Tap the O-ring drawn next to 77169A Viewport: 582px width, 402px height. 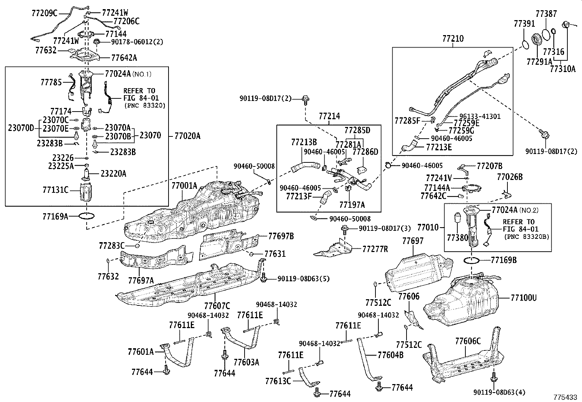pyautogui.click(x=87, y=216)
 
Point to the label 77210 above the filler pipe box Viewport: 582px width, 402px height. pyautogui.click(x=453, y=38)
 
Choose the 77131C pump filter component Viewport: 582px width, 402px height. pyautogui.click(x=86, y=192)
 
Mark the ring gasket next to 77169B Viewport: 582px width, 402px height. pyautogui.click(x=472, y=260)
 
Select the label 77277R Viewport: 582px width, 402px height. pyautogui.click(x=375, y=249)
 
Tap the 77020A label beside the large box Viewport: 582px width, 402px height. pyautogui.click(x=187, y=136)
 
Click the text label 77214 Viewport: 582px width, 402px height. pyautogui.click(x=329, y=116)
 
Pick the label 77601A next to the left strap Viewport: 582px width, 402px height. pyautogui.click(x=141, y=352)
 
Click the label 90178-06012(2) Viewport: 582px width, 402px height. pyautogui.click(x=137, y=42)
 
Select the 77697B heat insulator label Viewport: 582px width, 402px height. pyautogui.click(x=281, y=236)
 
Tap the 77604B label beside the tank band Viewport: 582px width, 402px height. pyautogui.click(x=390, y=355)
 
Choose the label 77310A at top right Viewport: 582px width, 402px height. pyautogui.click(x=563, y=68)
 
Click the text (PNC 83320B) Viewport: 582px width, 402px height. pyautogui.click(x=526, y=237)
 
